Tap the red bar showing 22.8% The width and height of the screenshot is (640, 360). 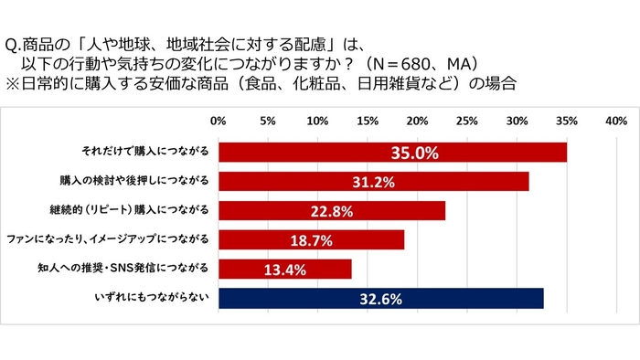point(332,211)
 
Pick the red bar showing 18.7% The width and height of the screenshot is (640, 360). point(311,239)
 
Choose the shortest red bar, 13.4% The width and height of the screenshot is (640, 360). point(284,269)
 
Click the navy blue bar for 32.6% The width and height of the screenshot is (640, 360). point(380,298)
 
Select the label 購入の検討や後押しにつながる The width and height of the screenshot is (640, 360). point(147,182)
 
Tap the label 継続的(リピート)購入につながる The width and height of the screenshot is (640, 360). point(144,211)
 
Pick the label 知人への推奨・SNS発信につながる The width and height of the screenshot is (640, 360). point(141,269)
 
